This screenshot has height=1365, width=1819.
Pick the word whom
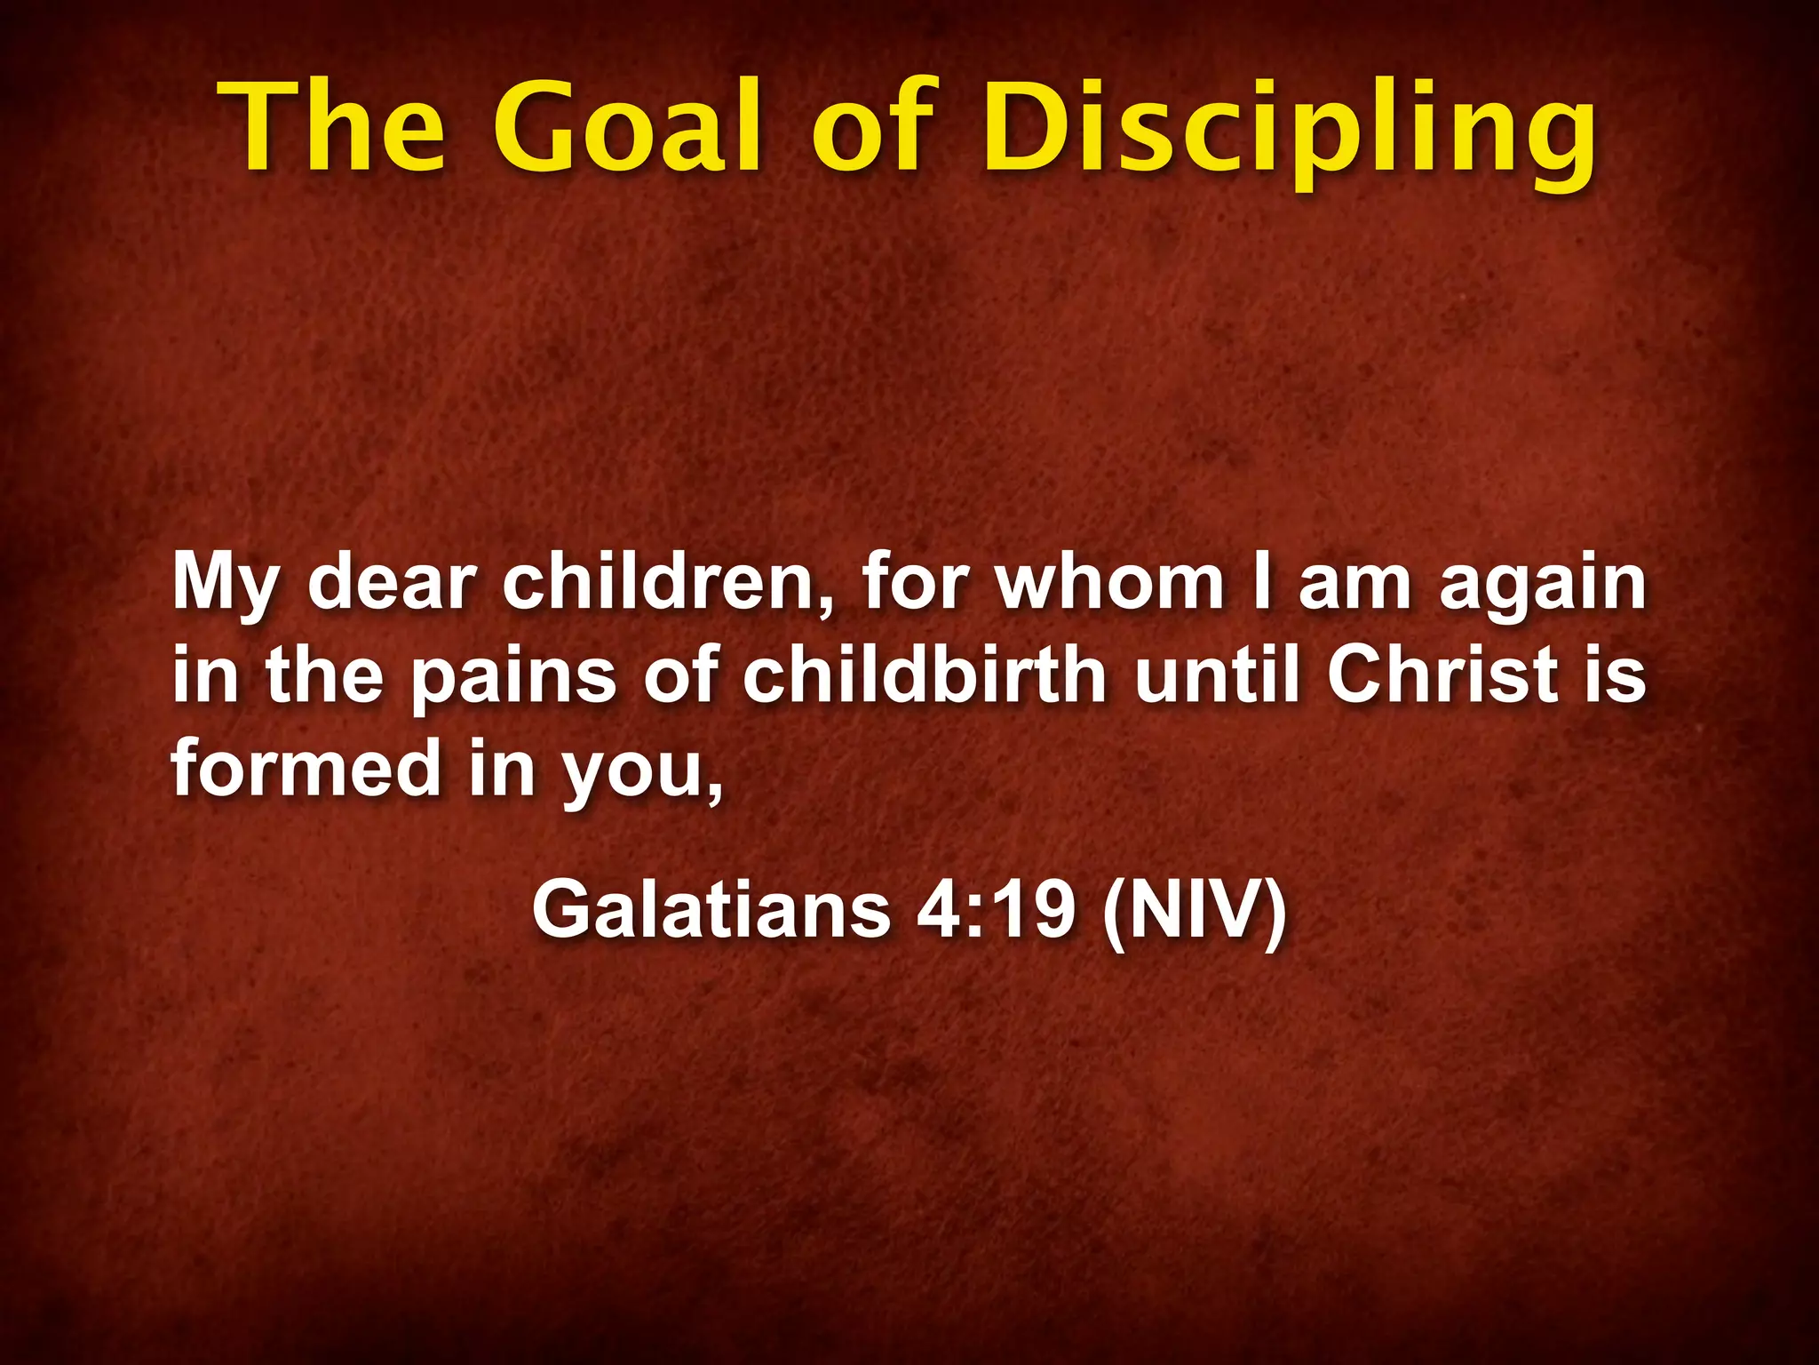pos(1110,583)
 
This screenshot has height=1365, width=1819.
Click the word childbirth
pos(925,675)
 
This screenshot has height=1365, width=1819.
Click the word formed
pos(306,768)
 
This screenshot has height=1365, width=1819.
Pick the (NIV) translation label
pos(1194,910)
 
